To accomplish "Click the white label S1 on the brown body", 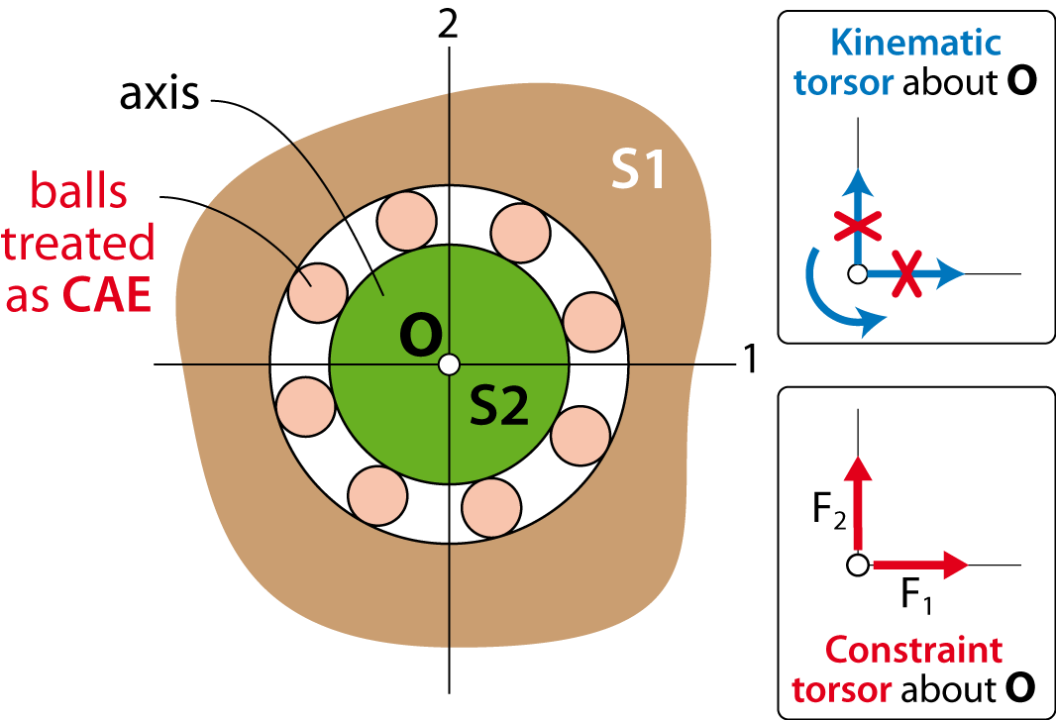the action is click(638, 168).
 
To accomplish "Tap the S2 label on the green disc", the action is click(499, 406).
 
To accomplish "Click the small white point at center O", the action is click(449, 364).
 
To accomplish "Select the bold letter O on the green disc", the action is click(421, 336).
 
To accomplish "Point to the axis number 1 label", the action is click(751, 359).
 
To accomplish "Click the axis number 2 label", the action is click(448, 24).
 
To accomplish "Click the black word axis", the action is click(159, 94).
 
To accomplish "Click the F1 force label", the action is click(916, 595).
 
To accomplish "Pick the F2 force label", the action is click(829, 510).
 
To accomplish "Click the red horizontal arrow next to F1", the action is click(920, 566).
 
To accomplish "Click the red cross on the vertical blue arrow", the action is click(858, 226).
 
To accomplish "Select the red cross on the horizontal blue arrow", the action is click(907, 273).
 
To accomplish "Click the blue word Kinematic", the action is click(916, 43).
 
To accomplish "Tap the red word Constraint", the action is click(914, 650).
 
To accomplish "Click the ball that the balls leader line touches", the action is click(317, 292).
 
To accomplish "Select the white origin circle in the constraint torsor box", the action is click(857, 566).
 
